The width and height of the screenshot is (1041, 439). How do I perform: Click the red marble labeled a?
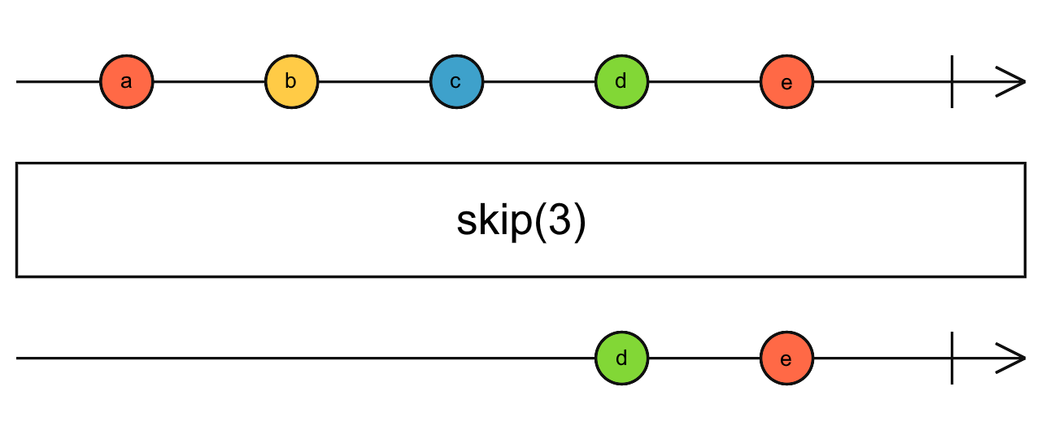click(x=126, y=82)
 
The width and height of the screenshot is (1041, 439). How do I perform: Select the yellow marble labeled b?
click(x=291, y=82)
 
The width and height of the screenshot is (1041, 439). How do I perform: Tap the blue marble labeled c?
click(x=456, y=82)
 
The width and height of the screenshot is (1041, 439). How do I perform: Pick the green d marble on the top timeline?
click(x=621, y=82)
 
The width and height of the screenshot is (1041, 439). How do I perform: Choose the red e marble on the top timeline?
click(x=786, y=82)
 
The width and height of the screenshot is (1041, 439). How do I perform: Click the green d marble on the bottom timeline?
click(x=621, y=358)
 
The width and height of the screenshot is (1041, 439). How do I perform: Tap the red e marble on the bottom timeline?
click(x=786, y=358)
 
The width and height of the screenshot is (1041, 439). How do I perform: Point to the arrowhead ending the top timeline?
click(x=1013, y=82)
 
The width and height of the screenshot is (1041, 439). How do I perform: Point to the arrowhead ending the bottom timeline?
click(x=1013, y=358)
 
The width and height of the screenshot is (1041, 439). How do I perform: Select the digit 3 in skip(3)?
click(x=559, y=221)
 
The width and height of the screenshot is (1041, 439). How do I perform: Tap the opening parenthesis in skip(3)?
click(x=538, y=222)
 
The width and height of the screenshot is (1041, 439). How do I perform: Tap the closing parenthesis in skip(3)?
click(x=578, y=222)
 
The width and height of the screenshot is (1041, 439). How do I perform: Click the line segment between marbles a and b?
click(x=209, y=82)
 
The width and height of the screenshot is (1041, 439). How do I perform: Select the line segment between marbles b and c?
click(x=374, y=82)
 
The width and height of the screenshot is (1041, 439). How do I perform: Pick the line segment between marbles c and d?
click(x=538, y=82)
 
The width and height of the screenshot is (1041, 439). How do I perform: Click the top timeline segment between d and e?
click(x=703, y=82)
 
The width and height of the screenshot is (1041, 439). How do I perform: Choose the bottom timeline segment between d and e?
click(x=703, y=358)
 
